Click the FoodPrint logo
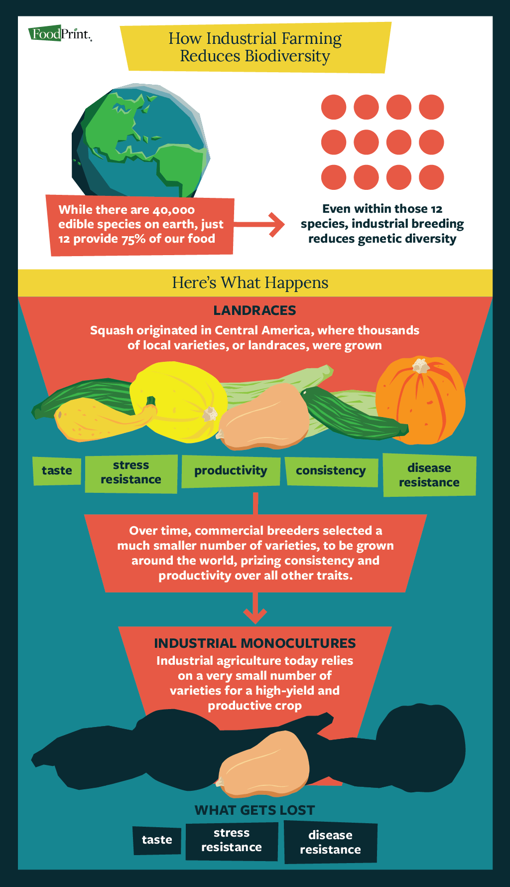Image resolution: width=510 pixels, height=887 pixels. click(60, 34)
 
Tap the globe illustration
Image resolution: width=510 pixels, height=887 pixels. click(141, 141)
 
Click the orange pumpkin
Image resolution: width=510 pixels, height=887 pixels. click(421, 401)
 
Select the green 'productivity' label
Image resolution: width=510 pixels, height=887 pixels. click(231, 471)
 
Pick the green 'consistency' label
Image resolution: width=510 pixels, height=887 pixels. click(331, 471)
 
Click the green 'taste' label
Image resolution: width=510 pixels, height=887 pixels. click(57, 471)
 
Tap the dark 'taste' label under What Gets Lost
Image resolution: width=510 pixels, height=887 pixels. click(157, 840)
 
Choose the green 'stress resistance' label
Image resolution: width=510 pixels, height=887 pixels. click(131, 473)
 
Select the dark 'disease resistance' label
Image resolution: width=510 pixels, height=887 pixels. click(330, 843)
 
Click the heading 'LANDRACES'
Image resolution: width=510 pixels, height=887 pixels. click(255, 310)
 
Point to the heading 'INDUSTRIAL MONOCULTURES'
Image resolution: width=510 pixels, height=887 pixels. click(255, 643)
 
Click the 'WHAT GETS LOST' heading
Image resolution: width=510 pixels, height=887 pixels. click(255, 810)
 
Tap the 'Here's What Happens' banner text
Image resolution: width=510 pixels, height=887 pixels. click(250, 283)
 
